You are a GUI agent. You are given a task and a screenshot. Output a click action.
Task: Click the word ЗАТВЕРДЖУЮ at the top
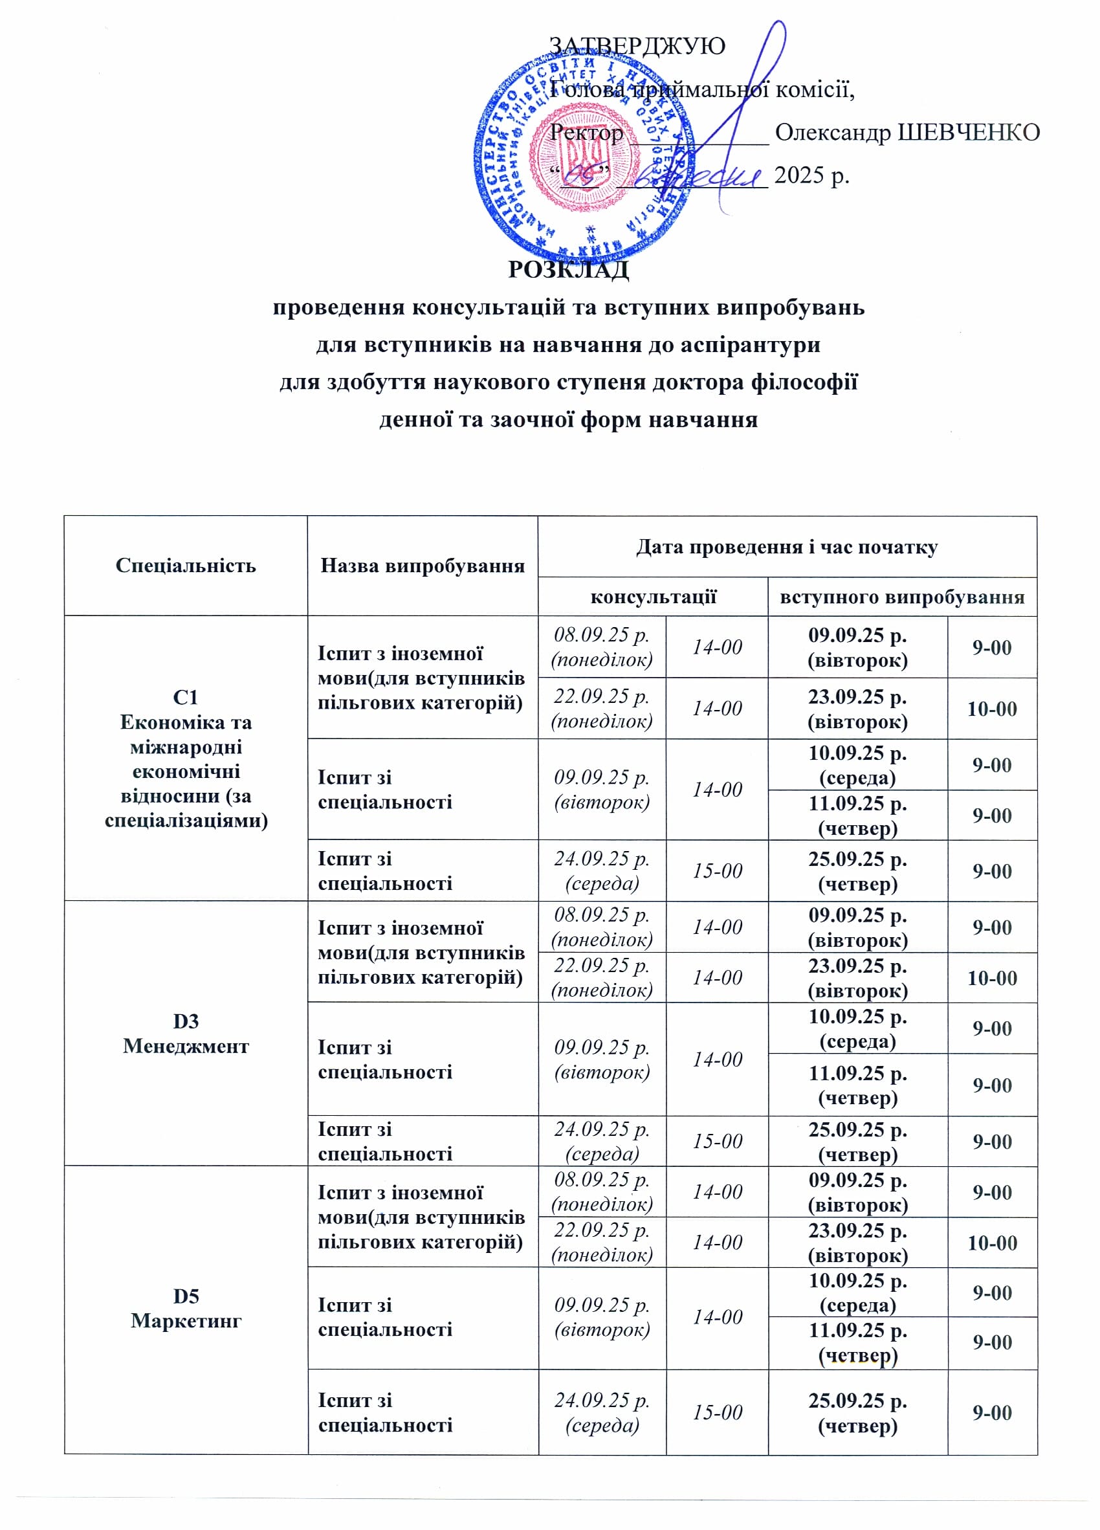[637, 46]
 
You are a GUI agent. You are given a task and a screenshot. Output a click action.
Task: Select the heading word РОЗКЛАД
[568, 269]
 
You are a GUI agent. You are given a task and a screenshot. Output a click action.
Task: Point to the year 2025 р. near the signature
[811, 175]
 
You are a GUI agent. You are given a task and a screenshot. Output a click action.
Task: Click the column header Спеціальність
[186, 564]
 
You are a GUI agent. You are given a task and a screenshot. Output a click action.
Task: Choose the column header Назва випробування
[422, 564]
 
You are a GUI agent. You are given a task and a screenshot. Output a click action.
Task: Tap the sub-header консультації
[653, 596]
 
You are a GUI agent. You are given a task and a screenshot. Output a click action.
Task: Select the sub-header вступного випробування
[902, 596]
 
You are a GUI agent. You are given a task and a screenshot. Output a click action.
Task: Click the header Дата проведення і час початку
[786, 546]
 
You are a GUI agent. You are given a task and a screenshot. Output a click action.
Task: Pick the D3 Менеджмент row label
[186, 1033]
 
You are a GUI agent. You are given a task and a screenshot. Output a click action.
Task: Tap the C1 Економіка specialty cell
[186, 759]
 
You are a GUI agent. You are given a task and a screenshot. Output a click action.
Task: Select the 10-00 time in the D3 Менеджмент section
[991, 977]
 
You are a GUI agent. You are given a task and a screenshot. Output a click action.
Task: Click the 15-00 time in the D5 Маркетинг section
[717, 1412]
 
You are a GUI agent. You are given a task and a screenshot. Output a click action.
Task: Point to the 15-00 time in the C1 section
[717, 870]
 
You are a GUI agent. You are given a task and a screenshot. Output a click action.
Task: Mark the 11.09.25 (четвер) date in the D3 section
[857, 1085]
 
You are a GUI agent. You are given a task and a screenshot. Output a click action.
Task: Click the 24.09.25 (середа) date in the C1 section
[602, 870]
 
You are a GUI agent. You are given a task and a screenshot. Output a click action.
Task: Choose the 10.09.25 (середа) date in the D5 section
[857, 1292]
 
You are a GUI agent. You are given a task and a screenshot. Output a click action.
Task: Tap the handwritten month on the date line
[695, 177]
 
